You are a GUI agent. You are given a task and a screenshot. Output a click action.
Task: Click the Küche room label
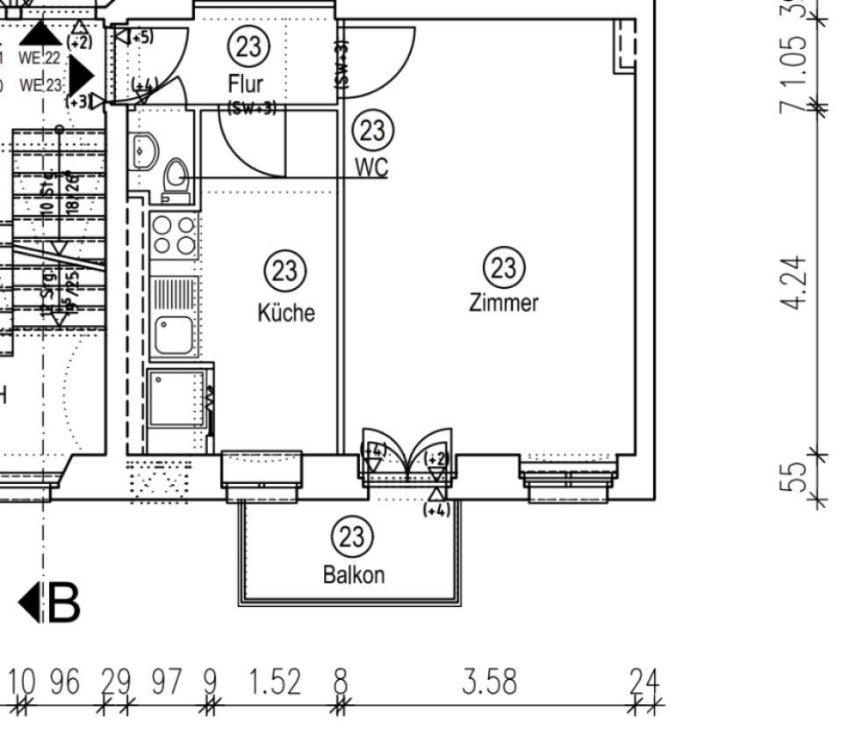coord(285,314)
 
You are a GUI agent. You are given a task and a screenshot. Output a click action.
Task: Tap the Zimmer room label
coord(503,304)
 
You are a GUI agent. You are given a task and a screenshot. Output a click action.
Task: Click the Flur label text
coord(245,84)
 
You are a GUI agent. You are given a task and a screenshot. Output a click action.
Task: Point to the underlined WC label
coord(371,168)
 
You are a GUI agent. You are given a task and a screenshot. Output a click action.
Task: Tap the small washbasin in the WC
coord(142,152)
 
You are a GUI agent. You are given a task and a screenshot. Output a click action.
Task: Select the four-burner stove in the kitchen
coord(172,233)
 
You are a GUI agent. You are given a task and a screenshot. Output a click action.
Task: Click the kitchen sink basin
coord(173,335)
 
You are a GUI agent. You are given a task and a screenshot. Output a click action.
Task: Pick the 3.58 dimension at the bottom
coord(490,681)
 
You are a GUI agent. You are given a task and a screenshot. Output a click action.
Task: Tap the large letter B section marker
coord(64,603)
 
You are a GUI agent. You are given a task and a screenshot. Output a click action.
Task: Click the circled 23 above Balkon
coord(351,535)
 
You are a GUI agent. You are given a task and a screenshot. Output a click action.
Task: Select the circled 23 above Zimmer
coord(505,266)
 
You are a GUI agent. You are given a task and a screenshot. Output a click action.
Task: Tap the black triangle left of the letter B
coord(28,603)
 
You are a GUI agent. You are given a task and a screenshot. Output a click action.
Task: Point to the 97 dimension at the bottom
coord(164,681)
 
